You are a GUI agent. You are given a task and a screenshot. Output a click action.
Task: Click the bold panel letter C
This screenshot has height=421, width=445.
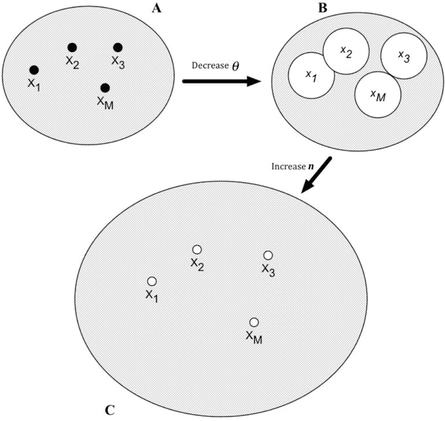[110, 409]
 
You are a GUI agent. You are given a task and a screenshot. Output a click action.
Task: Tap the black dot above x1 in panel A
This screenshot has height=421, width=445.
[33, 69]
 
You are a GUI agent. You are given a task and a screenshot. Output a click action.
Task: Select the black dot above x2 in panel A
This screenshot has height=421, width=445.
[72, 47]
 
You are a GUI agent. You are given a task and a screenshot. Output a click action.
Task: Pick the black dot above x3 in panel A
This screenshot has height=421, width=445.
[118, 47]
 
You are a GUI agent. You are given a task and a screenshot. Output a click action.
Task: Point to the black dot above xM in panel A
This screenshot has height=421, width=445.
[104, 88]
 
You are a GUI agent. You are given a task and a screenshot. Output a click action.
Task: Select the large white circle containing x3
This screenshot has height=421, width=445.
[403, 56]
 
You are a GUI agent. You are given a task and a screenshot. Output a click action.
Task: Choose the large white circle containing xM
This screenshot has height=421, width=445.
[377, 95]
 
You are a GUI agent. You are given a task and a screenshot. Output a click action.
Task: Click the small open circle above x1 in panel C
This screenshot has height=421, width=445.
[152, 281]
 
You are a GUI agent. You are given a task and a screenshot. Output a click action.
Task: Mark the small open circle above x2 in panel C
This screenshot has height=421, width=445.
[197, 249]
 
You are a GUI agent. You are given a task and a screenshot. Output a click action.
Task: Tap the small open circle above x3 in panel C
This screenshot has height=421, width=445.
[268, 255]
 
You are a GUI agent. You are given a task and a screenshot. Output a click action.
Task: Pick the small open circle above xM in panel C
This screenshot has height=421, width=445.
[254, 322]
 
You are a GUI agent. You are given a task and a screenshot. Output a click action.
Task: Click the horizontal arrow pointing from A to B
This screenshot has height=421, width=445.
[221, 81]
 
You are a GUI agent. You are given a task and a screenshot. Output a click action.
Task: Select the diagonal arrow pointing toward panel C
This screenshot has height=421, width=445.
[316, 176]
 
